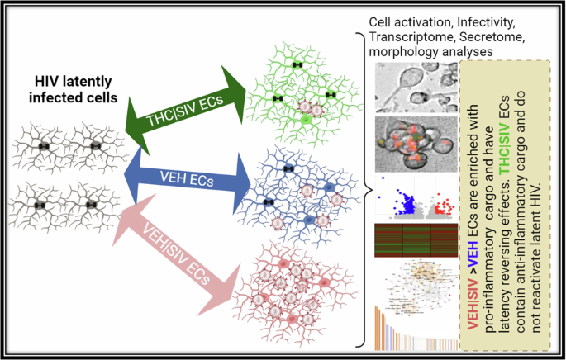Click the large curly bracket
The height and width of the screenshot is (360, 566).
[362, 190]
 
